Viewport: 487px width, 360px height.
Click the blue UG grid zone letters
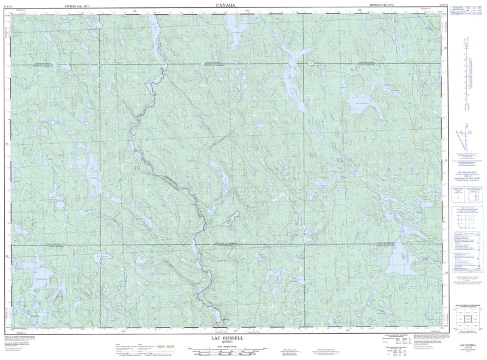tap(345, 160)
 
